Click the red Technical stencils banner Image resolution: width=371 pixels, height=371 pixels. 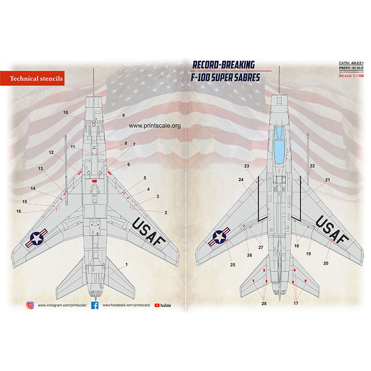click(x=36, y=79)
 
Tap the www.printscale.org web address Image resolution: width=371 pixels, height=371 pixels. click(x=154, y=126)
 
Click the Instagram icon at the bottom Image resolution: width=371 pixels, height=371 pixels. click(x=30, y=305)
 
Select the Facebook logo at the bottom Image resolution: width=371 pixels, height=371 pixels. click(x=95, y=305)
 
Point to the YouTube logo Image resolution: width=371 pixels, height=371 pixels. click(x=165, y=305)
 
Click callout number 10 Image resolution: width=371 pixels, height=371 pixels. click(x=66, y=113)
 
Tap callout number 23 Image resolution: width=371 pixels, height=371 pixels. click(x=246, y=166)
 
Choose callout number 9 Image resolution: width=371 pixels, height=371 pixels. click(x=124, y=115)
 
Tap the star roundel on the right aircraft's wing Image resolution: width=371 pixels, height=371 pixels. click(x=219, y=238)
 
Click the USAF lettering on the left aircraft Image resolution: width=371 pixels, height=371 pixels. click(x=149, y=233)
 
